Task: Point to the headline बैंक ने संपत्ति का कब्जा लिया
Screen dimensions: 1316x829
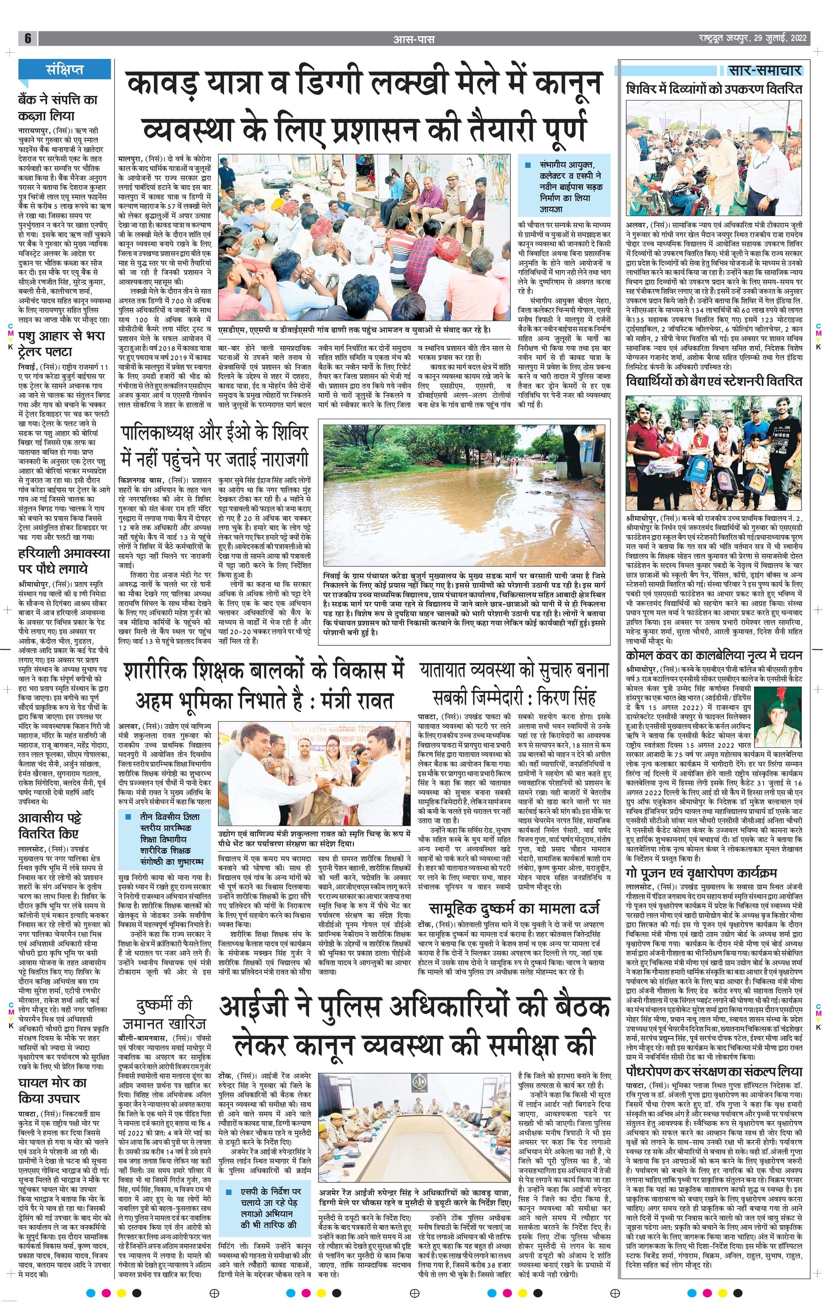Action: pyautogui.click(x=57, y=108)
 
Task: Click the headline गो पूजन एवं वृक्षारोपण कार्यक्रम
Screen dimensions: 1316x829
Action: pyautogui.click(x=701, y=873)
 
